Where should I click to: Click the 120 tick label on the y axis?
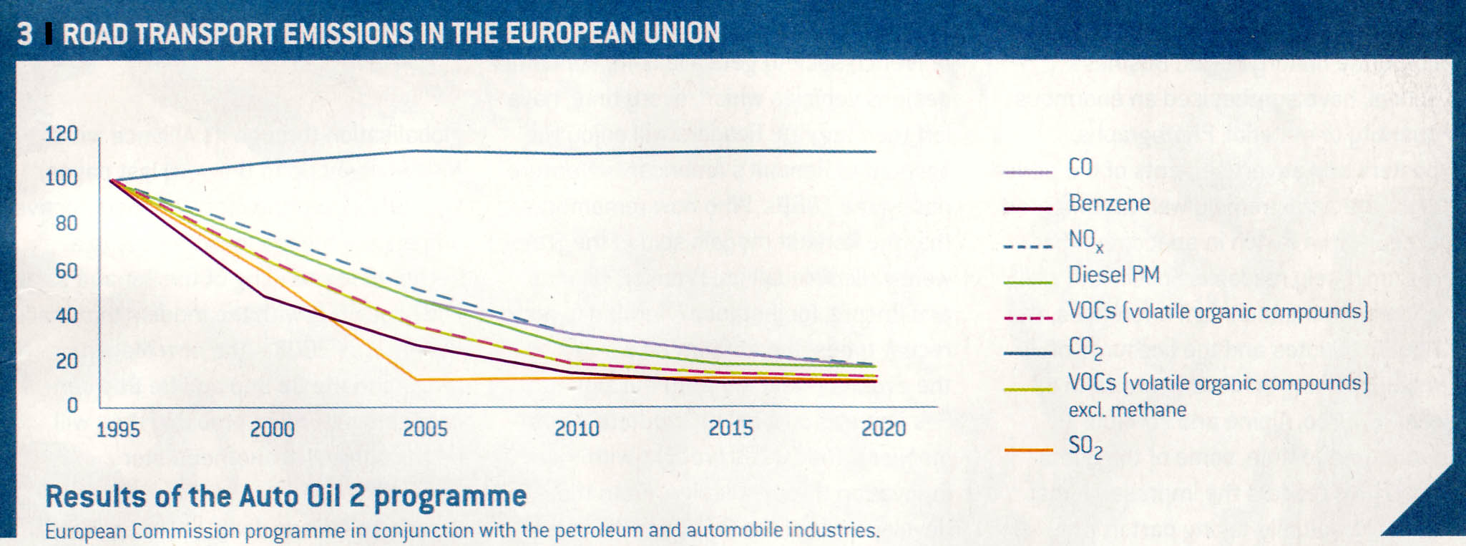[x=61, y=134]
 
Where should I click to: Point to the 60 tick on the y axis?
[x=67, y=270]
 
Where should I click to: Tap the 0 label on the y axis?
[x=72, y=405]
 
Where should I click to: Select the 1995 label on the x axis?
[x=118, y=429]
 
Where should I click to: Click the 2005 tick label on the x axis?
[x=425, y=429]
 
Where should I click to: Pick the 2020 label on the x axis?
[x=884, y=429]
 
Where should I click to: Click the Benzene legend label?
[x=1109, y=203]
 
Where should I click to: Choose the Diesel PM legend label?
[x=1114, y=274]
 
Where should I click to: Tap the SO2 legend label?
[x=1085, y=447]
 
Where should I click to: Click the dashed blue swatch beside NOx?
[x=1028, y=247]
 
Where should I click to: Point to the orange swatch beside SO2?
[x=1028, y=451]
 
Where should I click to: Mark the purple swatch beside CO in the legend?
[x=1028, y=173]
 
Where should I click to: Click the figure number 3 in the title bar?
[x=24, y=34]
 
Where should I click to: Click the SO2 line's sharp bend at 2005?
[x=415, y=379]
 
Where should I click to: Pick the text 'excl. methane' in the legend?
[x=1127, y=410]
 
